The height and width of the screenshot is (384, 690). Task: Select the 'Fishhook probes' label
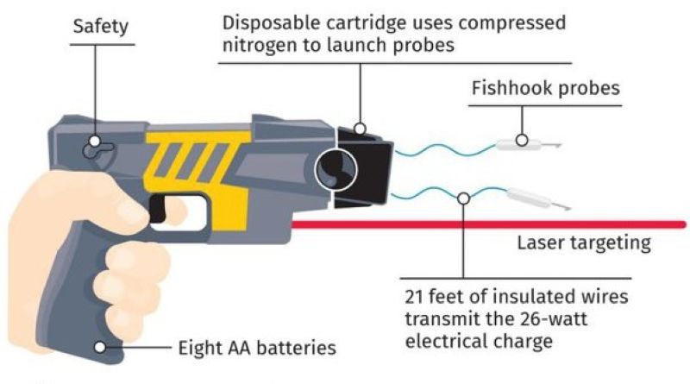pyautogui.click(x=545, y=89)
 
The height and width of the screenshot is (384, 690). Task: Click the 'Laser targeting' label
pyautogui.click(x=583, y=242)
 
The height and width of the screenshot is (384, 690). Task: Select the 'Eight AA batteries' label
pyautogui.click(x=257, y=349)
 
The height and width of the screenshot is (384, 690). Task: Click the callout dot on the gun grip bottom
pyautogui.click(x=102, y=348)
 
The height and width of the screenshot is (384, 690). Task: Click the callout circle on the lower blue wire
pyautogui.click(x=463, y=198)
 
